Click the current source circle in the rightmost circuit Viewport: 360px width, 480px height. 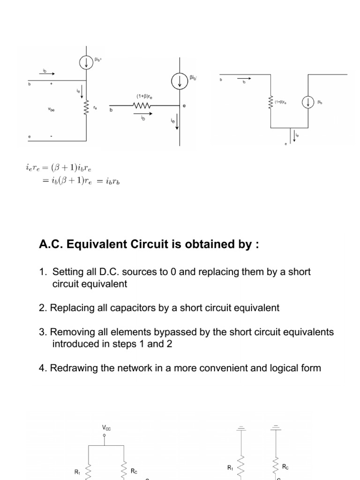tap(308, 102)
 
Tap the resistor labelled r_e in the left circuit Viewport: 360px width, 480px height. tap(86, 108)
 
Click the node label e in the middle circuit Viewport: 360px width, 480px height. tap(184, 106)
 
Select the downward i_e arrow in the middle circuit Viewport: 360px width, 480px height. tap(177, 124)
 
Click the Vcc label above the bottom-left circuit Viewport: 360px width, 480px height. tap(106, 428)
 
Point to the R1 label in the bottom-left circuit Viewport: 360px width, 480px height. tap(78, 472)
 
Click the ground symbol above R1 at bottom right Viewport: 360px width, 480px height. tap(241, 427)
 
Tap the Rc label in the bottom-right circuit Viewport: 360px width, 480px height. tap(285, 467)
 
